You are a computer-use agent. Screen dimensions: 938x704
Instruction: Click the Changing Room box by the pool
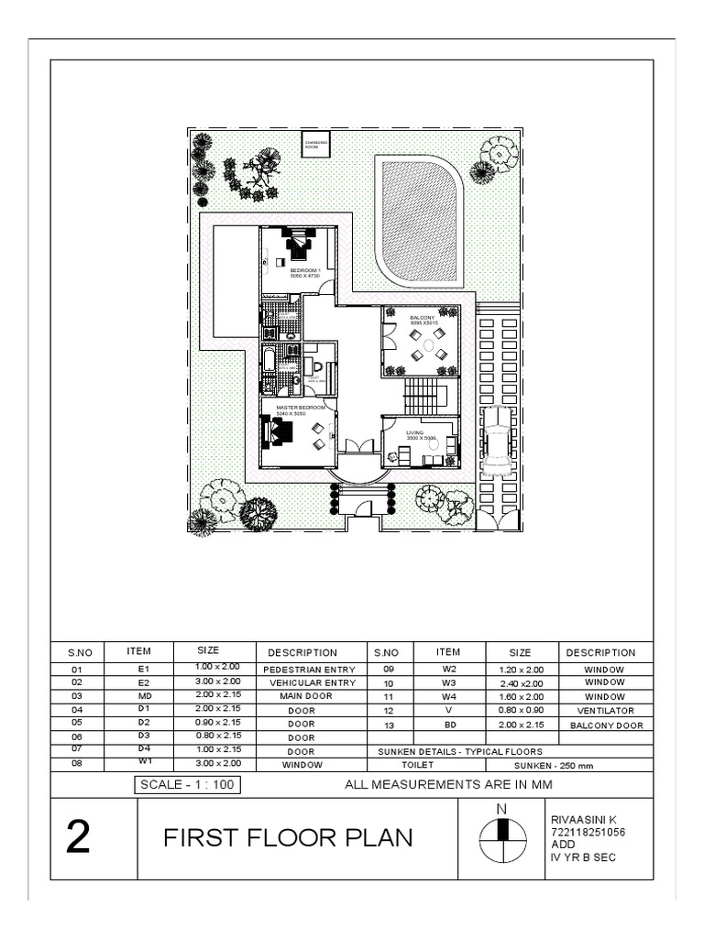316,145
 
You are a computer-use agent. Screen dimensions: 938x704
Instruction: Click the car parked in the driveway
496,441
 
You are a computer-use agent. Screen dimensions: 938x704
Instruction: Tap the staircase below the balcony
423,396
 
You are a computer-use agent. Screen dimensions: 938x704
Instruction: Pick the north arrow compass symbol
501,835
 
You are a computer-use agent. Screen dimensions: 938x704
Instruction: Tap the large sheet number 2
79,839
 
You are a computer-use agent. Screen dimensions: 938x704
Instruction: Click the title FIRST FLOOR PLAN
288,838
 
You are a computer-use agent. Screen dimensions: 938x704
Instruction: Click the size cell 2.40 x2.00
520,683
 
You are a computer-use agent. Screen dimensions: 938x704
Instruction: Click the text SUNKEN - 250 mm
543,763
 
